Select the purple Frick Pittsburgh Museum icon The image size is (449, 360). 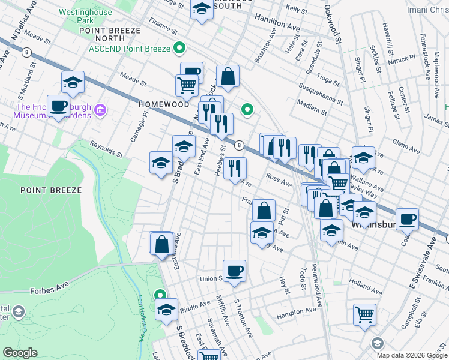click(100, 110)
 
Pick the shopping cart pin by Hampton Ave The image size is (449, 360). click(364, 314)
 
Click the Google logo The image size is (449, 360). click(20, 353)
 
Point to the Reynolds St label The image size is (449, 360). click(106, 149)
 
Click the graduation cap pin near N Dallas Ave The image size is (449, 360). click(73, 82)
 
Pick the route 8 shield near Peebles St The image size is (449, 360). click(239, 145)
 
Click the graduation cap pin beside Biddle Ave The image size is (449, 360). click(166, 310)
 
